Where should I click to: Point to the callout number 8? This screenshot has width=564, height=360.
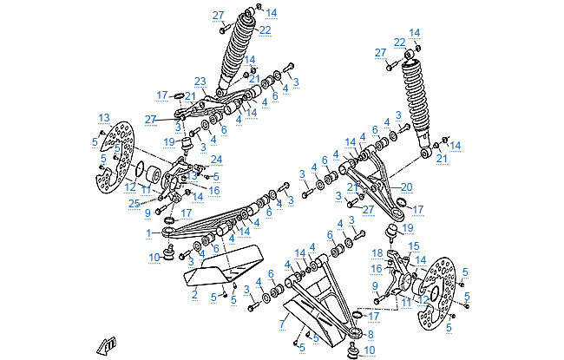point(371,334)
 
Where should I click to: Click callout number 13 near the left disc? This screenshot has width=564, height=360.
point(102,117)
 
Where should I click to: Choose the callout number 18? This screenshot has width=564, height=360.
point(377,252)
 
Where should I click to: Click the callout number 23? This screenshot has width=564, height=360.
point(200,81)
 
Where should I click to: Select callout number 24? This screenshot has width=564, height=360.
point(216,159)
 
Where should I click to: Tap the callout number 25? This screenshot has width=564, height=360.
point(133,203)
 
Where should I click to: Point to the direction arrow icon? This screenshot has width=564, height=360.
point(106,345)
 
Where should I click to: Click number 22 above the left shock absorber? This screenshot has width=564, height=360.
point(265,30)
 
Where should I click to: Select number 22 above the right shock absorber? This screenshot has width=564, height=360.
point(399,42)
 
